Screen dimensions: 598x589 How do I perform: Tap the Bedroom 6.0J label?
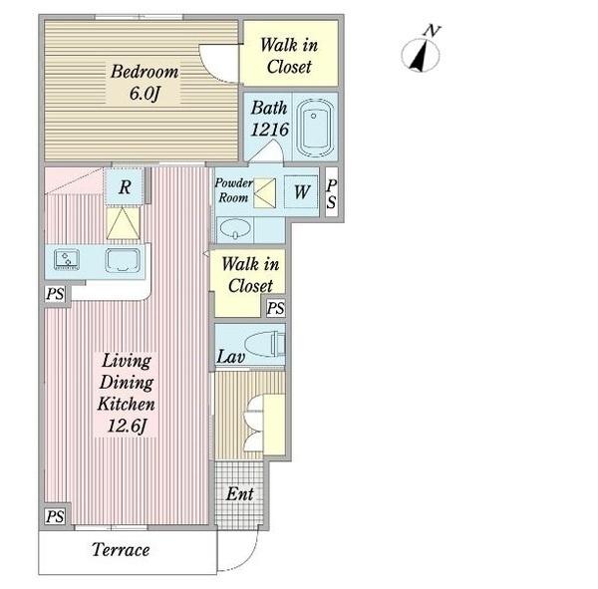coord(145,83)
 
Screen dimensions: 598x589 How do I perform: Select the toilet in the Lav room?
coord(265,343)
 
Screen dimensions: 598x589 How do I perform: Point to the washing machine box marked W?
coord(301,191)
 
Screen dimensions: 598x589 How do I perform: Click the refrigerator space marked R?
coord(125,186)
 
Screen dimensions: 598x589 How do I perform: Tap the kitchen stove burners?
coord(67,259)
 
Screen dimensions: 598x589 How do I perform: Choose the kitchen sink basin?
coord(123,260)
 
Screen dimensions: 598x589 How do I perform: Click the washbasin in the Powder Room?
coord(235,229)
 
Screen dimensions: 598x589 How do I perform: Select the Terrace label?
coord(121,550)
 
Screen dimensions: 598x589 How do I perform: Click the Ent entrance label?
coord(239,494)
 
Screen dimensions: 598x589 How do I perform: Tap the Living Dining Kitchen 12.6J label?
coord(127,394)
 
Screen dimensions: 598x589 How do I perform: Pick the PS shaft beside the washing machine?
coord(332,192)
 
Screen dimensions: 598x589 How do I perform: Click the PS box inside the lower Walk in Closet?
coord(275,308)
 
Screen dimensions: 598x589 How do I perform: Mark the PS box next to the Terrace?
coord(55,516)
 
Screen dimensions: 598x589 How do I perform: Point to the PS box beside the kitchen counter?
coord(55,294)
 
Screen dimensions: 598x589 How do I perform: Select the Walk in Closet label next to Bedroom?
coord(289,56)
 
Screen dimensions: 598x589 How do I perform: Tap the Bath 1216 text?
coord(269,119)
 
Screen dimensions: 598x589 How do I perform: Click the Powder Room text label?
coord(233,190)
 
